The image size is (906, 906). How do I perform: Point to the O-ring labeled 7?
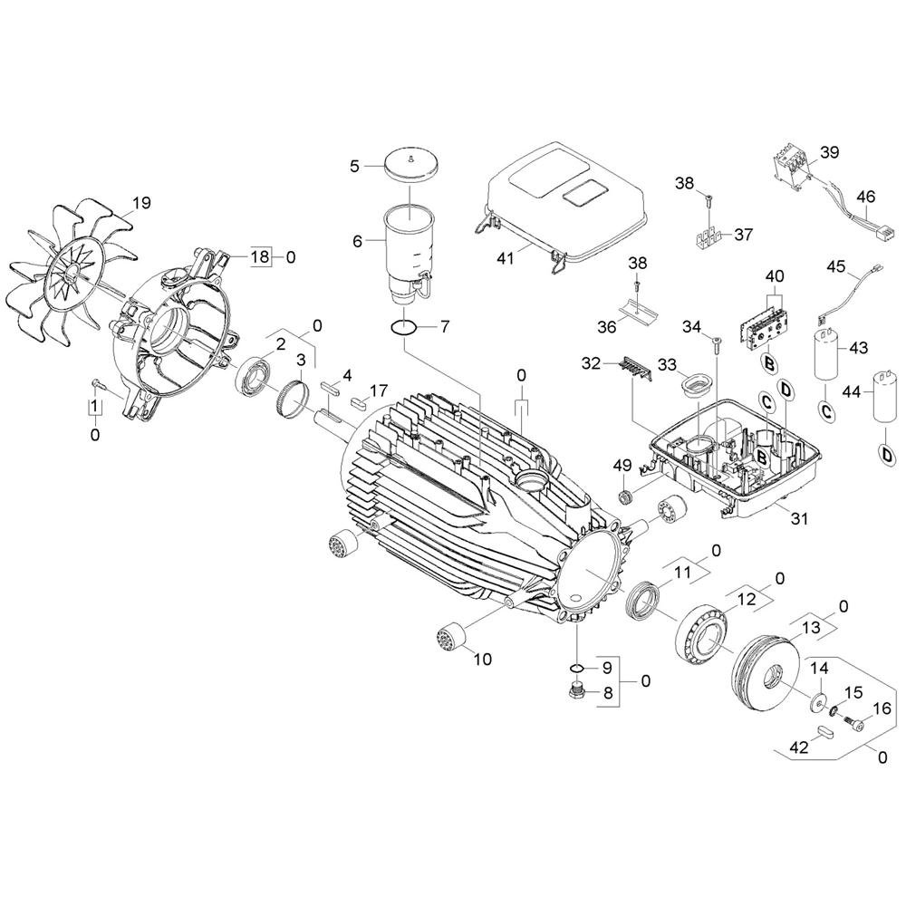[x=404, y=328]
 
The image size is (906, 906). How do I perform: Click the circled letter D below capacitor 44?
[x=884, y=454]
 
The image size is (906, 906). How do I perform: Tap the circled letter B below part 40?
[x=768, y=364]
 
